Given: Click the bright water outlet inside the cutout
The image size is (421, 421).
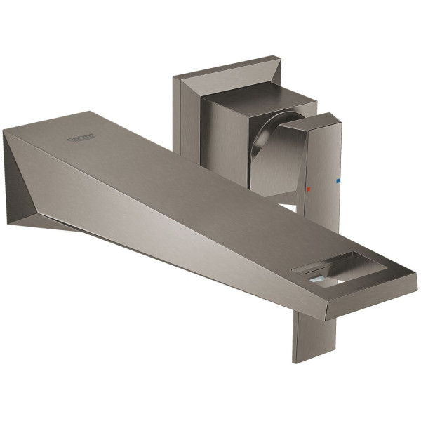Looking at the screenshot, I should pos(319,281).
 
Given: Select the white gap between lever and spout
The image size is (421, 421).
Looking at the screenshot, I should pos(288,207).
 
